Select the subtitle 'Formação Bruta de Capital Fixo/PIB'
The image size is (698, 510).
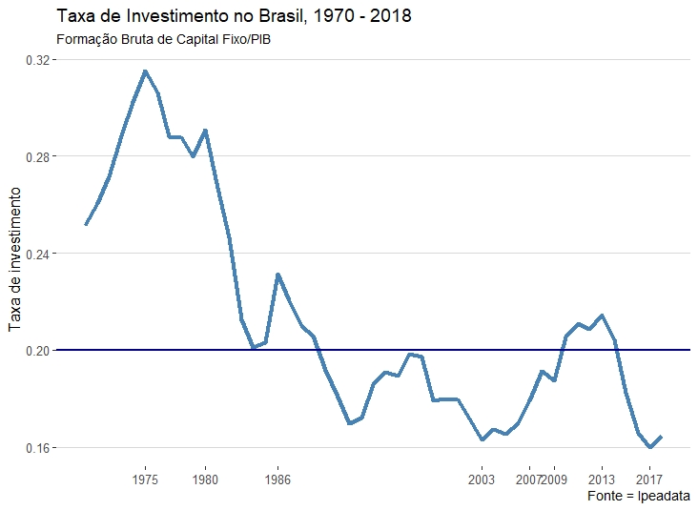click(164, 40)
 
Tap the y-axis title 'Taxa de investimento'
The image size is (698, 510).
click(15, 258)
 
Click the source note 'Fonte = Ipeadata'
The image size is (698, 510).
click(640, 497)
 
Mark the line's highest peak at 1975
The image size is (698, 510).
click(145, 71)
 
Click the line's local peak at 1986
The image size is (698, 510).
click(277, 275)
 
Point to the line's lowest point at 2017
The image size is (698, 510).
click(649, 447)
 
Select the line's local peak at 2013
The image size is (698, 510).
click(602, 315)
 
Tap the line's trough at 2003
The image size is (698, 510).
click(482, 439)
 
